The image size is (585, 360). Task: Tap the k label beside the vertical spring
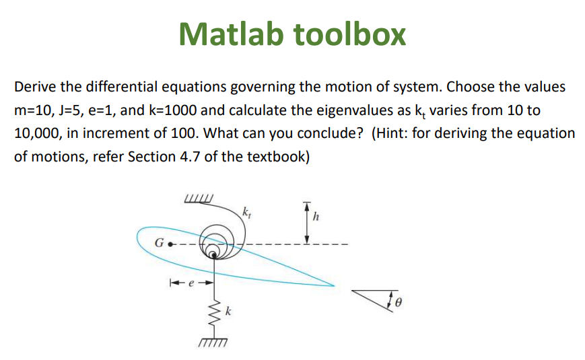pos(229,312)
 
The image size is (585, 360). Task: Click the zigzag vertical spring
pos(215,311)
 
